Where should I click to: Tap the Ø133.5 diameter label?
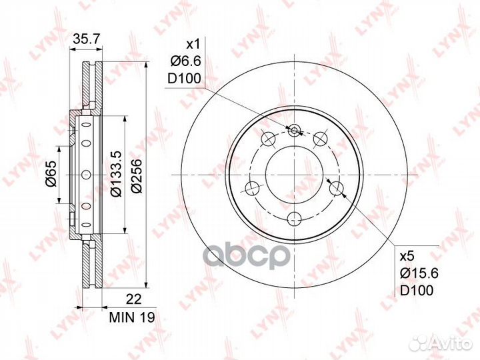pos(115,175)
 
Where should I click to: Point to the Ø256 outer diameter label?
pos(136,175)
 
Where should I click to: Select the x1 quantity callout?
pos(192,45)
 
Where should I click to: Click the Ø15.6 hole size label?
pos(415,273)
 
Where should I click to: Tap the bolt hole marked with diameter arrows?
pos(337,188)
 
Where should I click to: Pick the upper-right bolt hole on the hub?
pos(321,139)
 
